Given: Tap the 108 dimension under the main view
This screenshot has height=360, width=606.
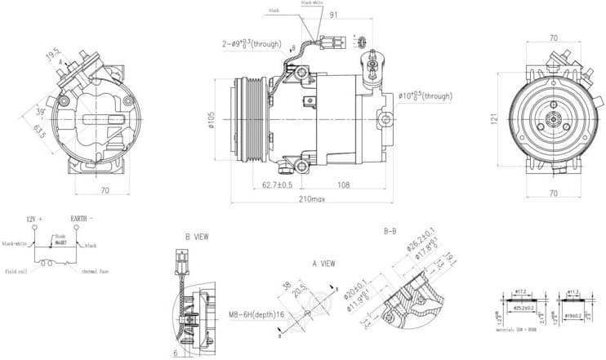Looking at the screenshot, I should click(x=344, y=185).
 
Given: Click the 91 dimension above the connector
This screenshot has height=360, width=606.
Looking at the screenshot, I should click(x=334, y=14).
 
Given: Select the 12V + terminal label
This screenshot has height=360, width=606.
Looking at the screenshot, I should click(x=33, y=220).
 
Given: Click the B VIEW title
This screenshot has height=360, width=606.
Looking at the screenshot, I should click(x=197, y=237).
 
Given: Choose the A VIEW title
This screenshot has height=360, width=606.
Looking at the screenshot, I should click(x=324, y=264).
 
